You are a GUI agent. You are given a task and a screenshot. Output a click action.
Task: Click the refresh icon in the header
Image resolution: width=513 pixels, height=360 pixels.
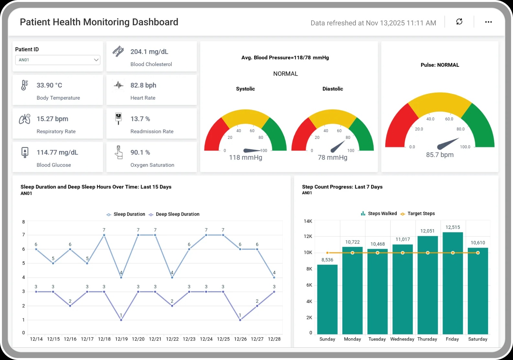pyautogui.click(x=459, y=22)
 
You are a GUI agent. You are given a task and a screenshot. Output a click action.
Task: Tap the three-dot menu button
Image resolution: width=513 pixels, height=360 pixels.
pyautogui.click(x=488, y=22)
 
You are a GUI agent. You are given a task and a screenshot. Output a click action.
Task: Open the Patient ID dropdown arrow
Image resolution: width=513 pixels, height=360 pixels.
pyautogui.click(x=96, y=60)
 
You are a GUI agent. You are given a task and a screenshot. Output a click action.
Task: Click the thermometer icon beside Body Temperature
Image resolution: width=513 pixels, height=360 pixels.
pyautogui.click(x=24, y=85)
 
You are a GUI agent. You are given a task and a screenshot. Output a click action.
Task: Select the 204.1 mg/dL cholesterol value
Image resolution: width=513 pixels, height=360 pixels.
pyautogui.click(x=149, y=52)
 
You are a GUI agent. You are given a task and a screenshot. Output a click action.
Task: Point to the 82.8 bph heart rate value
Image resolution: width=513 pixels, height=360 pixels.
pyautogui.click(x=143, y=85)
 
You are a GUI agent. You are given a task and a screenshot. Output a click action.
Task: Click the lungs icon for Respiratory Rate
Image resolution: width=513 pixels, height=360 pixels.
pyautogui.click(x=25, y=119)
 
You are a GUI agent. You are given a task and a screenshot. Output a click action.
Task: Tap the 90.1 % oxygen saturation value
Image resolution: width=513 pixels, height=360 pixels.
pyautogui.click(x=140, y=152)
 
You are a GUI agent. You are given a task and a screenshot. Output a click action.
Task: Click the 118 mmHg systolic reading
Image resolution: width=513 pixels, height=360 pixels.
pyautogui.click(x=246, y=158)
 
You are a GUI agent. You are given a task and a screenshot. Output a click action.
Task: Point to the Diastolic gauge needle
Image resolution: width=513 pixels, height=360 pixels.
pyautogui.click(x=338, y=147)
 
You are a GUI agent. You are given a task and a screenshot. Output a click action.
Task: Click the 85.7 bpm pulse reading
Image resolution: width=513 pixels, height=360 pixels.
pyautogui.click(x=440, y=155)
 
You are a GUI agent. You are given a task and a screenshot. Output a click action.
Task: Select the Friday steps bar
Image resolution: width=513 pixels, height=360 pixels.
pyautogui.click(x=453, y=283)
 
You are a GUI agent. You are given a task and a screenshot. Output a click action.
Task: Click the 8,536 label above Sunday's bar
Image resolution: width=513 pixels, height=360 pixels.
pyautogui.click(x=327, y=260)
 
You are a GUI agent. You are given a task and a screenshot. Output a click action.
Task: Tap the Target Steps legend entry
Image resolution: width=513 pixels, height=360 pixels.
pyautogui.click(x=418, y=214)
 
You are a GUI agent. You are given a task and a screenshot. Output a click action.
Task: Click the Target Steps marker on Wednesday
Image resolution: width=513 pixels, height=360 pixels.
pyautogui.click(x=403, y=253)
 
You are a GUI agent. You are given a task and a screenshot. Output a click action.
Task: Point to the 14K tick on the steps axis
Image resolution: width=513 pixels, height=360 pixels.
pyautogui.click(x=308, y=221)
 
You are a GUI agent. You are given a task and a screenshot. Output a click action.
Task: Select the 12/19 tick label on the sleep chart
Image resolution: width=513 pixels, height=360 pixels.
pyautogui.click(x=121, y=339)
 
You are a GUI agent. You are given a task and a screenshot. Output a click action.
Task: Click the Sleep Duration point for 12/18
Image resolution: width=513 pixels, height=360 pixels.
pyautogui.click(x=104, y=235)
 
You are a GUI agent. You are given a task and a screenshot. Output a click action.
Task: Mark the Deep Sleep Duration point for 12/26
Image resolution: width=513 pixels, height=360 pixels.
pyautogui.click(x=240, y=320)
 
